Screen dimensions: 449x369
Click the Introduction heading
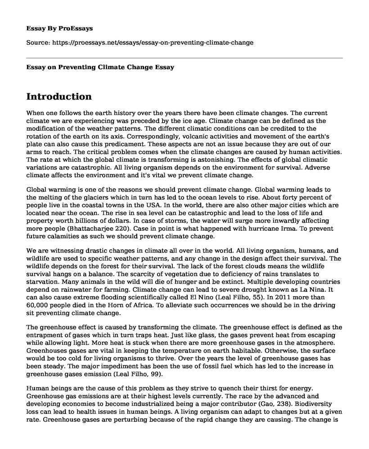[59, 97]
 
